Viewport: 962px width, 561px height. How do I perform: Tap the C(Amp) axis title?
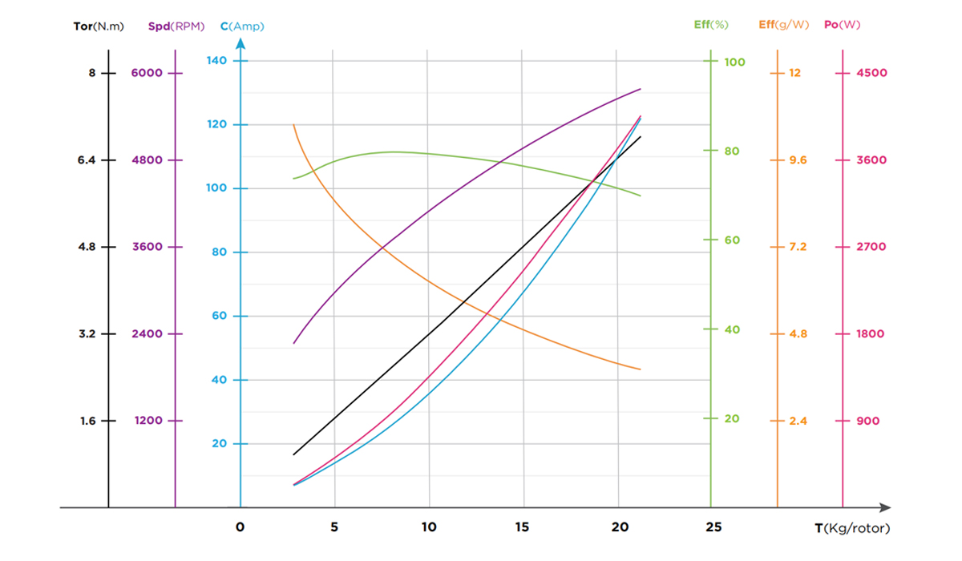242,26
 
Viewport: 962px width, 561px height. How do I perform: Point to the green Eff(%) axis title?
710,25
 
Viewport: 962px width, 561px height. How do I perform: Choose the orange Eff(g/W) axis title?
782,25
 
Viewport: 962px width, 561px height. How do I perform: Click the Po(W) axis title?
842,25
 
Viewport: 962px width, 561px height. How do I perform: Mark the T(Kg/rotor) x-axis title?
851,528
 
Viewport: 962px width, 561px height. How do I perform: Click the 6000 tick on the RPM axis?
147,73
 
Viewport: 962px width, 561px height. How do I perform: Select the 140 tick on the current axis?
217,61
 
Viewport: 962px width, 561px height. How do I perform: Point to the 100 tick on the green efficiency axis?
735,62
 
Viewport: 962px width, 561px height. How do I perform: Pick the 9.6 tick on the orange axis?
798,160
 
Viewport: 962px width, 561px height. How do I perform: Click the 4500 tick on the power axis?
871,73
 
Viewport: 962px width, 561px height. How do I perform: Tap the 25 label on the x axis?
713,527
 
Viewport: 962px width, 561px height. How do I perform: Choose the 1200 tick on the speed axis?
147,421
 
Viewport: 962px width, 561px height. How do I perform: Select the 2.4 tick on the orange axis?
798,421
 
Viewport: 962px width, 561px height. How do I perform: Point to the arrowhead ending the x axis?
885,507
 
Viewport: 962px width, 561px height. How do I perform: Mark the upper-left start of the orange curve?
294,124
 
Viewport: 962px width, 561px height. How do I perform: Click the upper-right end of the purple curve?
641,89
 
